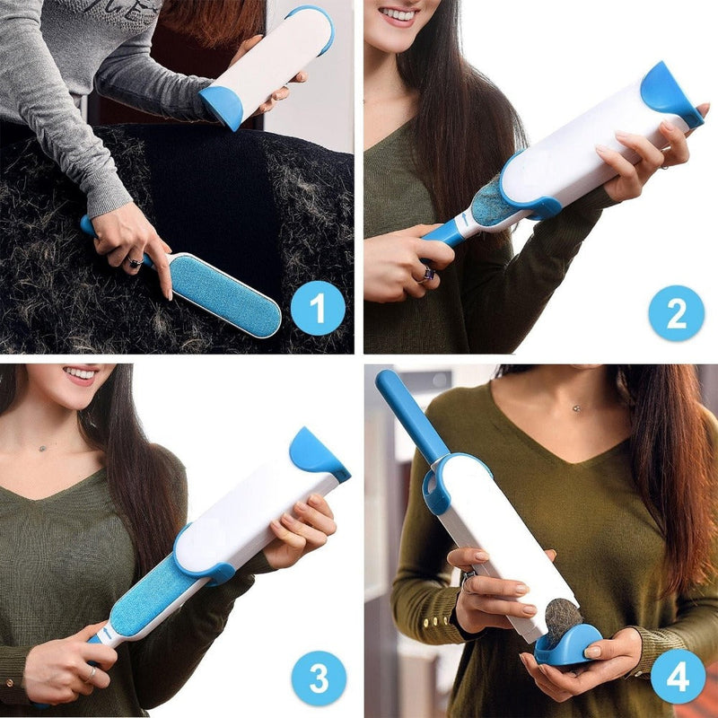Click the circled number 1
point(318,308)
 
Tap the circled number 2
point(676,312)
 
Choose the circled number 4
point(678,676)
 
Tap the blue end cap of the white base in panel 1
point(222,107)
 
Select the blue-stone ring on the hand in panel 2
point(428,273)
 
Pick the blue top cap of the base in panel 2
point(669,92)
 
